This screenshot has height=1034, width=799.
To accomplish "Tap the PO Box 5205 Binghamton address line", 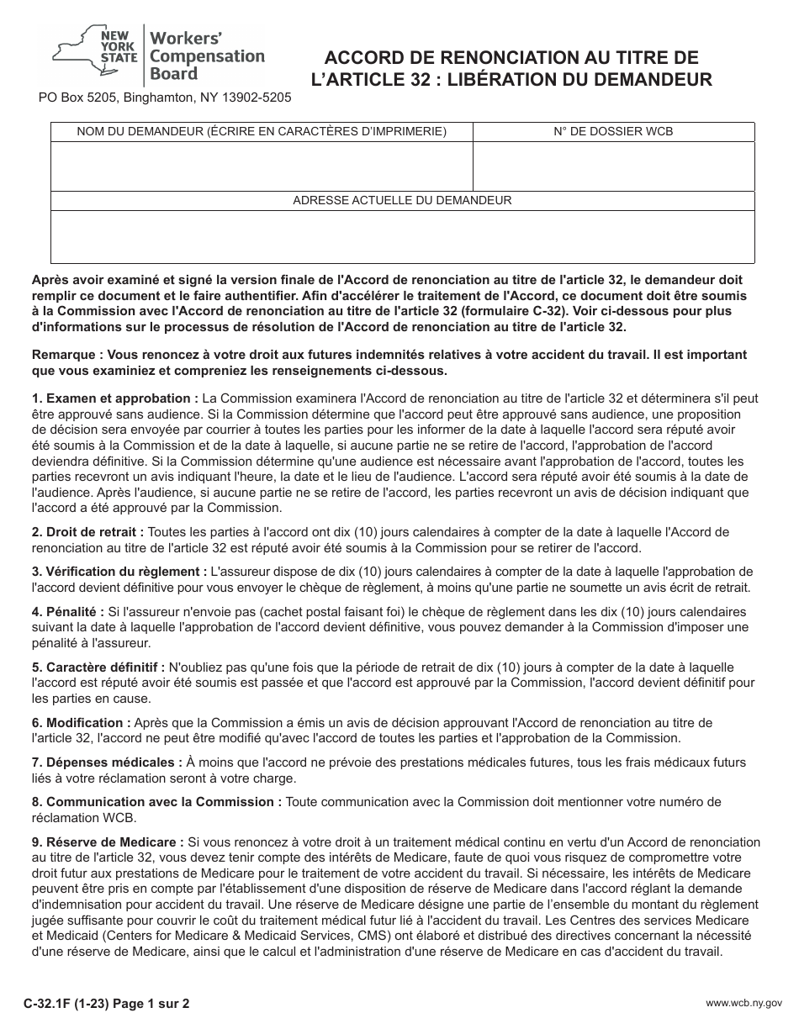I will [165, 98].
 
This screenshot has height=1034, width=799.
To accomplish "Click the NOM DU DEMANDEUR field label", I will [262, 131].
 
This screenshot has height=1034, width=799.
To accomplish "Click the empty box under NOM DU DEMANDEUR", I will [262, 166].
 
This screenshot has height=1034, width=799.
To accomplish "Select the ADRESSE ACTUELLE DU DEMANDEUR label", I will [402, 200].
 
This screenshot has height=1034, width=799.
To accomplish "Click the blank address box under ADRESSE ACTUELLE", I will [402, 236].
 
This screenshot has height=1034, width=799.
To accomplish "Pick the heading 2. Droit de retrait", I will [87, 532].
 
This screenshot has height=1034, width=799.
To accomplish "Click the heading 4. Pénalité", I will [68, 611].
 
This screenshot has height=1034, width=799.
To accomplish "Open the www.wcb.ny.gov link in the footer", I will [743, 1004].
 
